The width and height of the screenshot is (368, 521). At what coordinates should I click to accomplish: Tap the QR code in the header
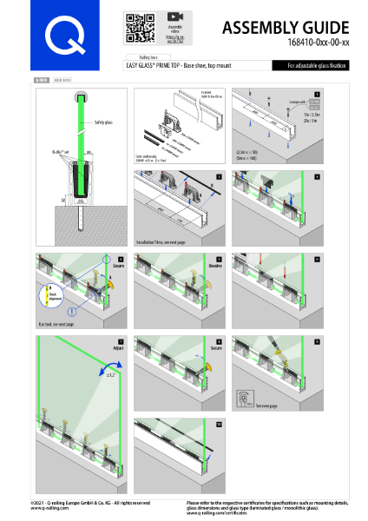click(135, 28)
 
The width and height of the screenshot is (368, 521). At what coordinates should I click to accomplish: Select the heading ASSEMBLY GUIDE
click(286, 28)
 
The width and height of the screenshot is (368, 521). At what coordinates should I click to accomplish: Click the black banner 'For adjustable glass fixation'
click(311, 65)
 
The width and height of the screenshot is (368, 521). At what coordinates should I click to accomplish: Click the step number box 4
click(120, 259)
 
